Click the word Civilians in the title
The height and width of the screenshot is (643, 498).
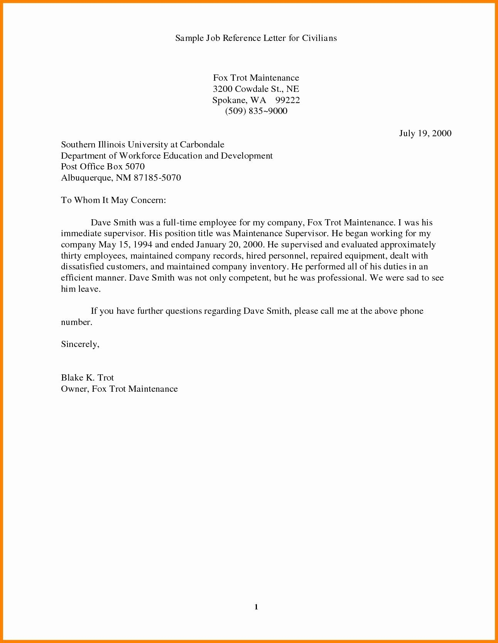(319, 38)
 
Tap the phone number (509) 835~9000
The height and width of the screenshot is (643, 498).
(256, 111)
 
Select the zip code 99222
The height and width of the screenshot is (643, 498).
(287, 100)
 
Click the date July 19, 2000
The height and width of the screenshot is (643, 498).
(425, 133)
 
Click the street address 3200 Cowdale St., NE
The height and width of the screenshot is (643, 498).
(256, 89)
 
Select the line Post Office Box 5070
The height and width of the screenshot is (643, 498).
(103, 166)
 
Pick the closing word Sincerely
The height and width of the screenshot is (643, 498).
(80, 344)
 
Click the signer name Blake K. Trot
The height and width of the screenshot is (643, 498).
(87, 377)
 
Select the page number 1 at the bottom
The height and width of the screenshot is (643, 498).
(256, 607)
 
